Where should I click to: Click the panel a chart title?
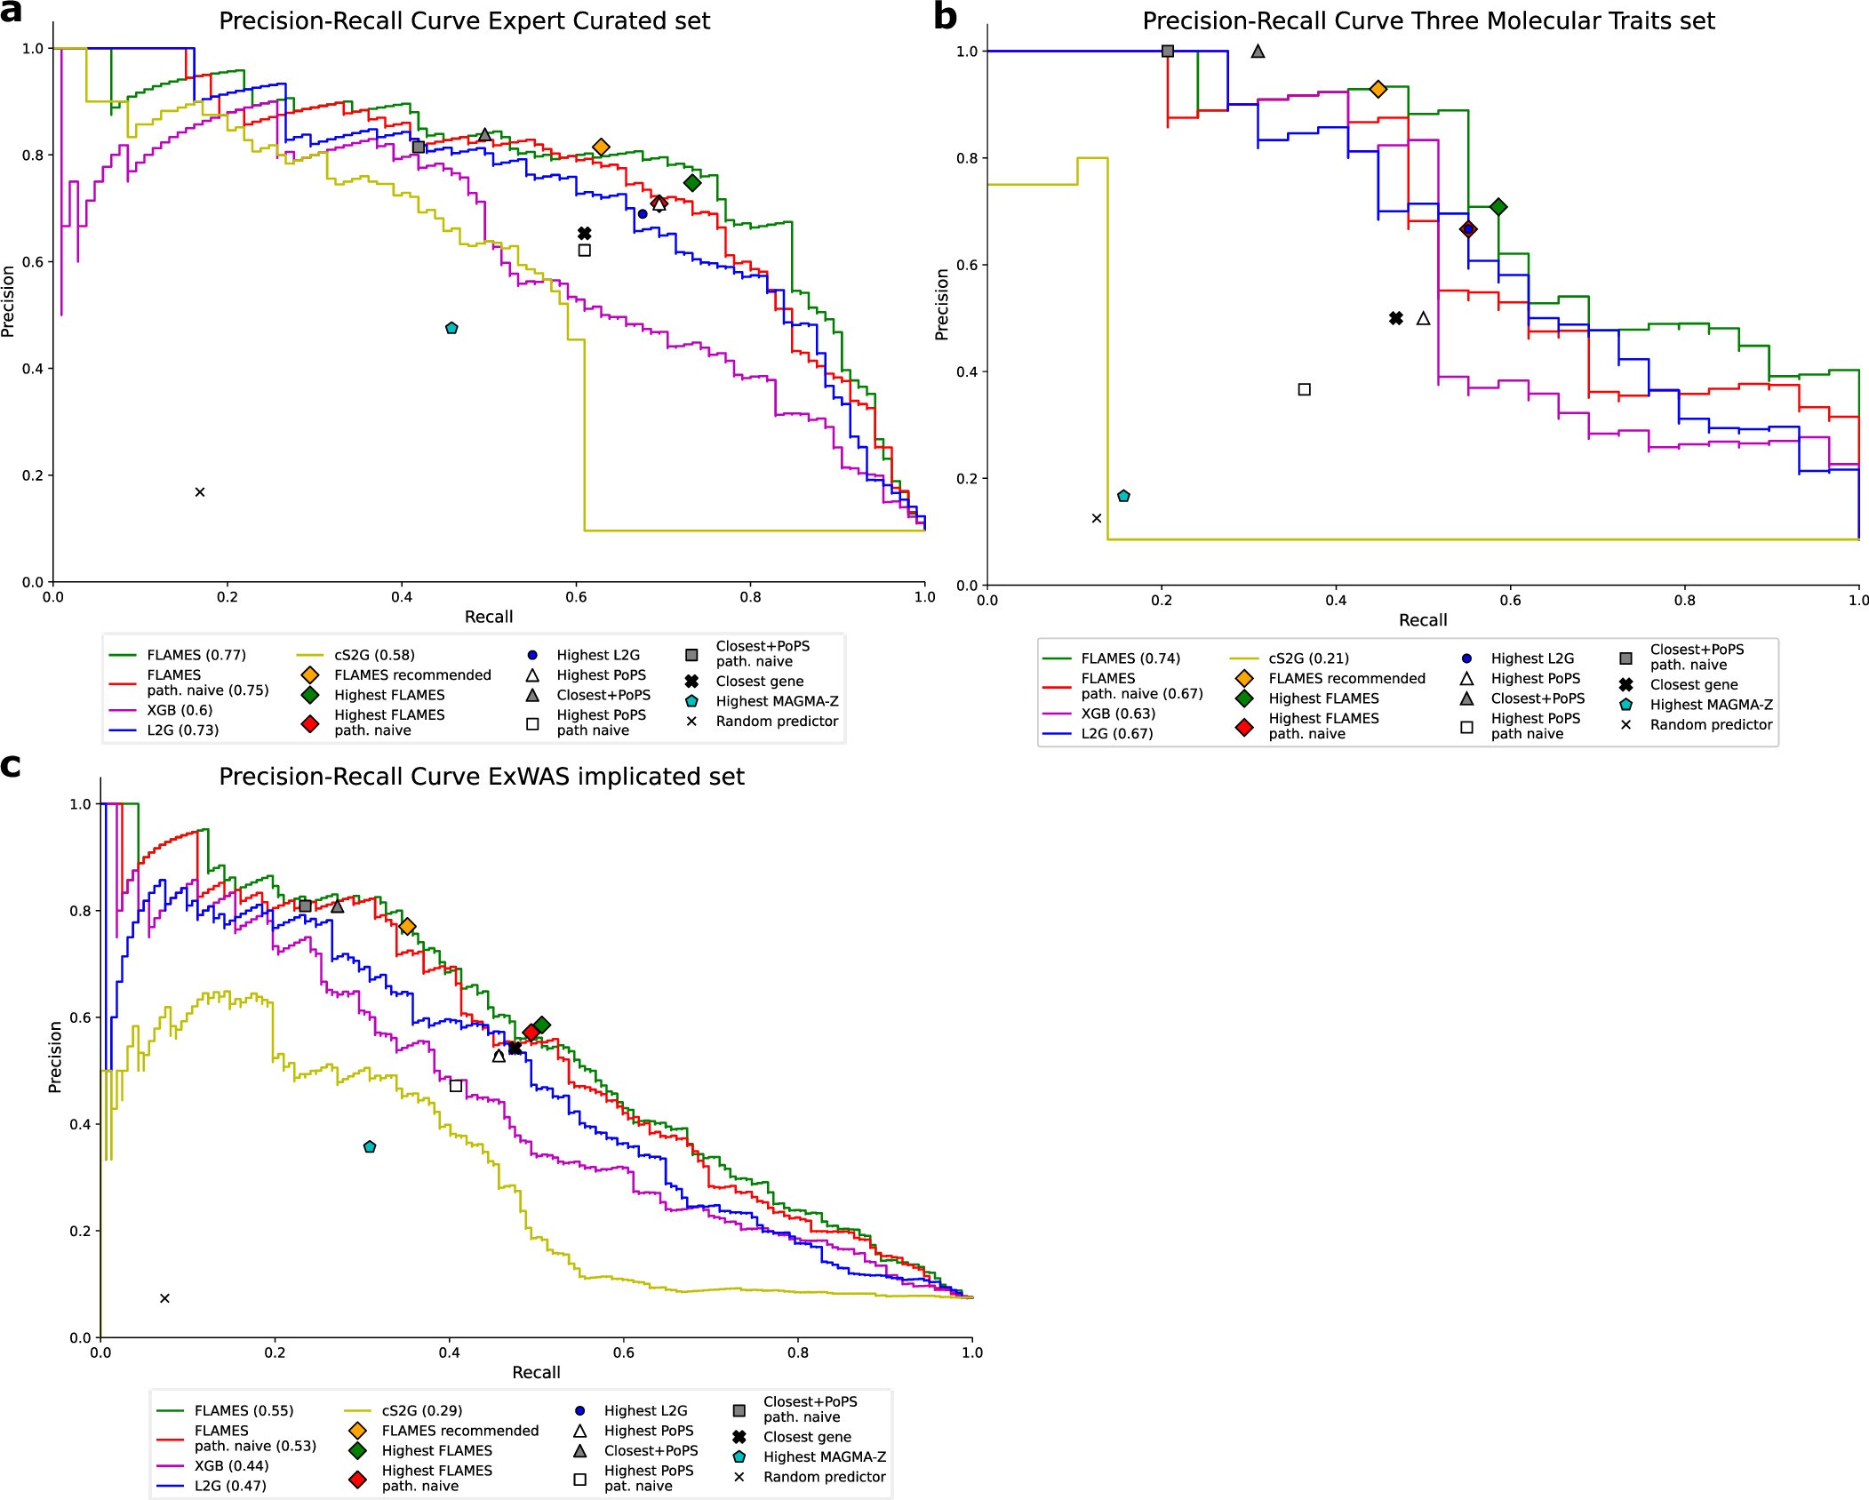click(x=464, y=20)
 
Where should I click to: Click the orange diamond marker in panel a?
click(x=601, y=147)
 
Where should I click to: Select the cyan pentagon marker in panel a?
click(x=451, y=328)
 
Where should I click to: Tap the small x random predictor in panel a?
click(x=200, y=492)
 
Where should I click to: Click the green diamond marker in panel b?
click(x=1498, y=207)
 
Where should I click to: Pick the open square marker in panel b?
click(x=1304, y=389)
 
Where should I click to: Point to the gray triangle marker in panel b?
click(x=1258, y=52)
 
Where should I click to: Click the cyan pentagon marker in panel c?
click(x=370, y=1147)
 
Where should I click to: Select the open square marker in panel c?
click(x=456, y=1086)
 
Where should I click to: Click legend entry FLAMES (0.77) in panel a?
click(x=196, y=655)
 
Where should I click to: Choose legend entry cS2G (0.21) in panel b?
click(x=1308, y=658)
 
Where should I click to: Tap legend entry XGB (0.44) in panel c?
click(x=231, y=1465)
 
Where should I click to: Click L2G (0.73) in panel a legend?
click(x=182, y=730)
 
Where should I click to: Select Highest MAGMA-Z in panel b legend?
click(x=1711, y=705)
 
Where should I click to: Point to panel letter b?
click(x=946, y=16)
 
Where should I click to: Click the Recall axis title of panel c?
click(x=536, y=1372)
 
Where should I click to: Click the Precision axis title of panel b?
click(x=942, y=305)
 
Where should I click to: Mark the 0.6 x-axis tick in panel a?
click(x=576, y=597)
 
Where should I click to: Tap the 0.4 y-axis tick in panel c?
click(x=80, y=1124)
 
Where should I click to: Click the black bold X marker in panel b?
click(x=1396, y=318)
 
